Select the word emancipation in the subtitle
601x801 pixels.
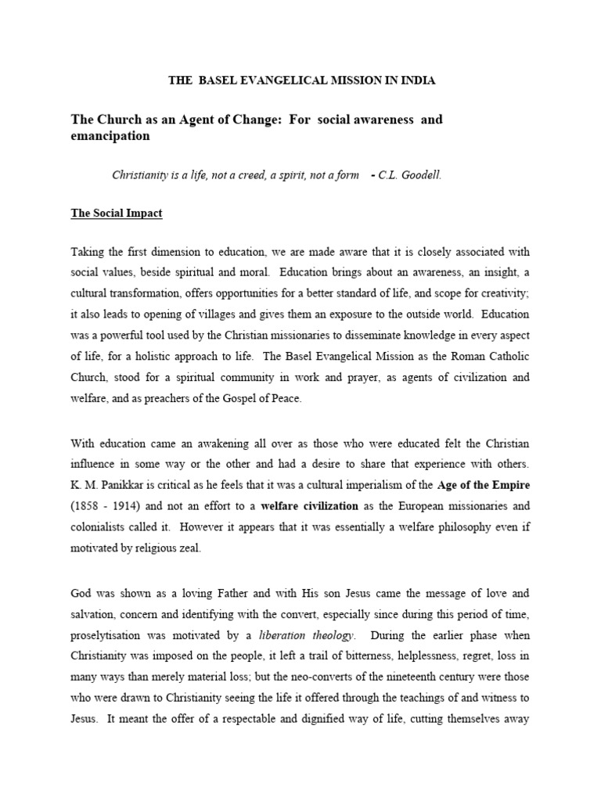pyautogui.click(x=110, y=136)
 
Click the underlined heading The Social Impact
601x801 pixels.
pyautogui.click(x=117, y=214)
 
